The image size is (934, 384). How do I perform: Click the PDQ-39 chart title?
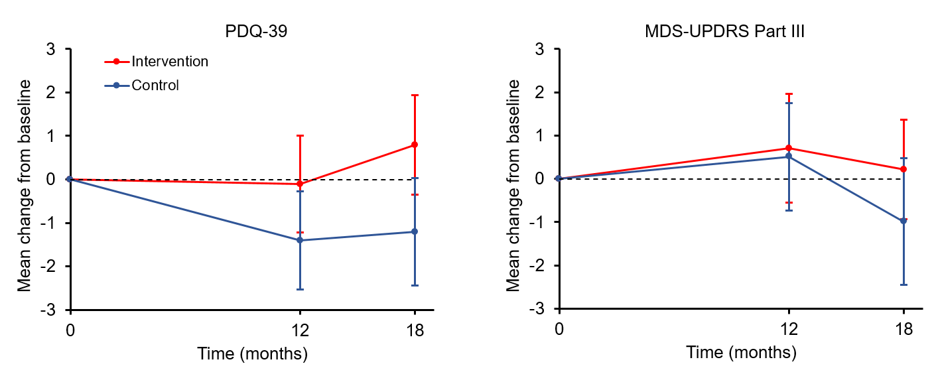point(254,31)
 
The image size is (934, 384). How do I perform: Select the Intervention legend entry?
point(170,62)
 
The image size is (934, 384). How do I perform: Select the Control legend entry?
point(155,85)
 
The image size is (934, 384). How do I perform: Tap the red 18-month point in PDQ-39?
point(415,145)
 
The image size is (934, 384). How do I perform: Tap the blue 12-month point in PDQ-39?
point(300,240)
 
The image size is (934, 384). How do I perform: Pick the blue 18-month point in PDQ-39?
point(415,231)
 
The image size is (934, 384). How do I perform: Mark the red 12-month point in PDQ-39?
point(300,184)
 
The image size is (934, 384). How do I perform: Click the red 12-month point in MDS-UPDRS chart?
point(789,148)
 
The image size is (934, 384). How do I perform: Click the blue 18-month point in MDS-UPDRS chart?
point(903,221)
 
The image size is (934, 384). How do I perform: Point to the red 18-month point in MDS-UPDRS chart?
point(903,169)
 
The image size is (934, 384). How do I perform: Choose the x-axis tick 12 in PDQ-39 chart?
point(300,330)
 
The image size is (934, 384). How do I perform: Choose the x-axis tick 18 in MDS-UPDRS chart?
point(903,330)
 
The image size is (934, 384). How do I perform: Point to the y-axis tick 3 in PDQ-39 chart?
point(50,49)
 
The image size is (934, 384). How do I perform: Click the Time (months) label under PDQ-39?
point(252,353)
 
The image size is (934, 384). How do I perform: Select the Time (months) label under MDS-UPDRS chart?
point(741,353)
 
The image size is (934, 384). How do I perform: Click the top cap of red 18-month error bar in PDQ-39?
point(415,96)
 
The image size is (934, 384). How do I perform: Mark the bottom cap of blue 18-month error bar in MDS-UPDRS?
point(903,285)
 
